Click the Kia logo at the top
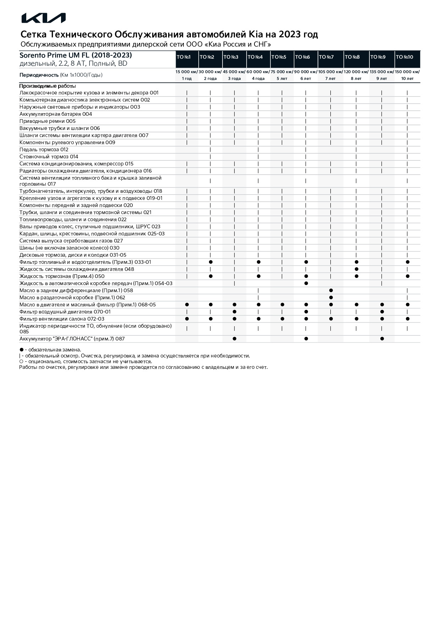click(x=43, y=18)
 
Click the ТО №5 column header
click(x=279, y=57)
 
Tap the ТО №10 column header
click(x=405, y=57)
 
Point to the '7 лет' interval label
click(x=330, y=78)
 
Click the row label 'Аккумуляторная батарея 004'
click(x=56, y=114)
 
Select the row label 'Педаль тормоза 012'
click(x=44, y=149)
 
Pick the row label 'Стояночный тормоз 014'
click(x=49, y=157)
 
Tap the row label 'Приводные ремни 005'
click(x=48, y=121)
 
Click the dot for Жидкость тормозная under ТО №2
click(x=211, y=276)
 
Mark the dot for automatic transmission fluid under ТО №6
click(x=306, y=283)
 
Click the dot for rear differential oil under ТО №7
click(x=331, y=290)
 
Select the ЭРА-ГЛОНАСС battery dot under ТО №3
click(x=235, y=339)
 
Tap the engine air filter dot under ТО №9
click(x=382, y=312)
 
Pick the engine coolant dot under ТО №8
click(x=357, y=269)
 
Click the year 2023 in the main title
click(x=290, y=34)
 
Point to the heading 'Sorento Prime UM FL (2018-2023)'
click(x=76, y=55)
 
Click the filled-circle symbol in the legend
click(x=21, y=350)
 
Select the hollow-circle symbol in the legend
click(x=21, y=361)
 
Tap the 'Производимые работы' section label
click(x=48, y=86)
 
